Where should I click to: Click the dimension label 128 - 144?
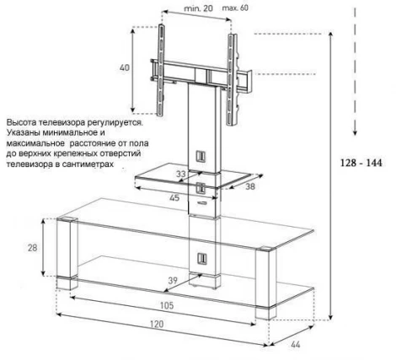tap(361, 163)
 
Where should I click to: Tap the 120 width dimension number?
tap(157, 324)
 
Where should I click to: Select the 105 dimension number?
tap(167, 305)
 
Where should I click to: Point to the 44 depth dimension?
tap(295, 344)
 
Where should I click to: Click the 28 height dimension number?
tap(32, 248)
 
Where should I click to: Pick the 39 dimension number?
tap(173, 281)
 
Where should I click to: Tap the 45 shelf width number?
tap(174, 197)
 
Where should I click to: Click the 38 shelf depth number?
tap(250, 186)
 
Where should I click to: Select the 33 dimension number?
tap(181, 175)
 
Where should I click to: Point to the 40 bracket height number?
tap(125, 67)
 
